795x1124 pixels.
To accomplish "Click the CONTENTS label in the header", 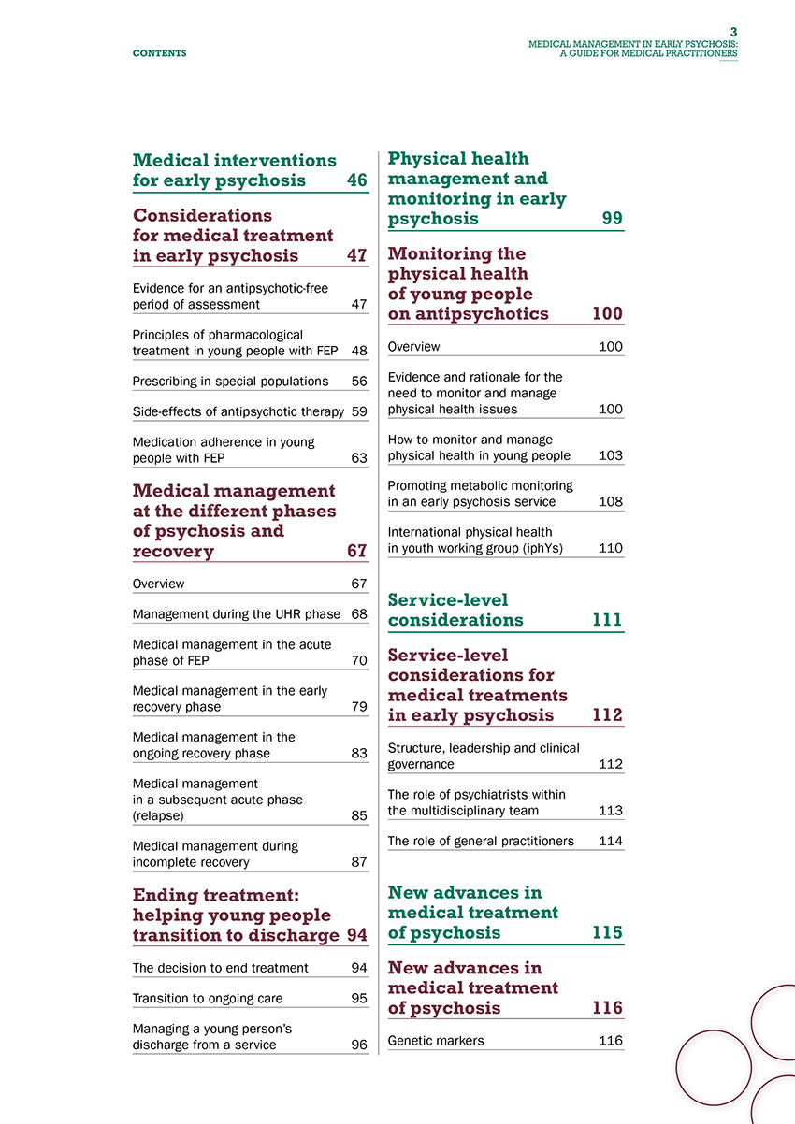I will click(x=159, y=53).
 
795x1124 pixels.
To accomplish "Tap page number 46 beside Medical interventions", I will click(x=356, y=180).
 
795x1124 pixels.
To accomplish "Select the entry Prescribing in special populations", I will click(x=230, y=381).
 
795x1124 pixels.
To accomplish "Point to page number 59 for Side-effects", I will click(x=359, y=411).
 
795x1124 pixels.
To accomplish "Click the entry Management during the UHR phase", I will click(x=236, y=614).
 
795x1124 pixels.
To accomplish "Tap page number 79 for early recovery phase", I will click(x=359, y=707).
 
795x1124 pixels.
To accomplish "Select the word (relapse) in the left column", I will click(x=158, y=815).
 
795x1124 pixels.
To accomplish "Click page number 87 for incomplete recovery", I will click(x=359, y=862).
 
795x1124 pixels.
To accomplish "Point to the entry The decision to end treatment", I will click(x=221, y=968).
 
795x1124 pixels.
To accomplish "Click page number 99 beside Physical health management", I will click(x=613, y=220).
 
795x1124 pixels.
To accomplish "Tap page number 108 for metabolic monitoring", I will click(x=611, y=502).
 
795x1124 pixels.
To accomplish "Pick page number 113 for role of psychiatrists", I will click(x=611, y=811).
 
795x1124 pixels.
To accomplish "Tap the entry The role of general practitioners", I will click(x=480, y=841).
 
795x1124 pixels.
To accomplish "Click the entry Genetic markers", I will click(x=436, y=1040).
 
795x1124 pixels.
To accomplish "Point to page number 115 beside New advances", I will click(x=608, y=933).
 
